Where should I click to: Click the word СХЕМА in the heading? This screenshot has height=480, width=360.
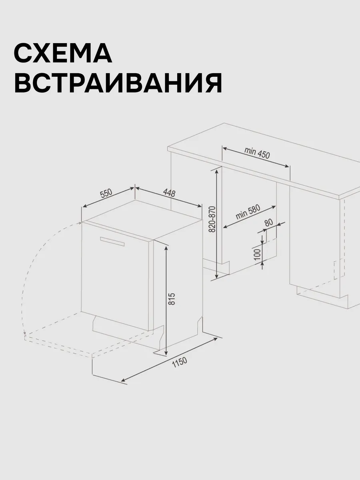coord(63,53)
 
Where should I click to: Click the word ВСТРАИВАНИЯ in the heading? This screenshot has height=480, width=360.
coord(118,83)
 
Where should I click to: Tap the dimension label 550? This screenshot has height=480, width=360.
coord(106,193)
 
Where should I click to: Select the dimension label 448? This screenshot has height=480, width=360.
coord(169,193)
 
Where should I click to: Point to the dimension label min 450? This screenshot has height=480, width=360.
coord(257,153)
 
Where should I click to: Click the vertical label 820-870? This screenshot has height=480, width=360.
coord(212,219)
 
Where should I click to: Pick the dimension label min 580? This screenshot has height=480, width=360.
coord(248,212)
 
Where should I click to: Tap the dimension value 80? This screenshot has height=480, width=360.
coord(269,222)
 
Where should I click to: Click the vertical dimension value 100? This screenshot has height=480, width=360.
coord(258,255)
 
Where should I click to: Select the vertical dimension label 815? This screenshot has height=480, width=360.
coord(172,299)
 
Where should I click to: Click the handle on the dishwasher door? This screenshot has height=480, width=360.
coord(112,241)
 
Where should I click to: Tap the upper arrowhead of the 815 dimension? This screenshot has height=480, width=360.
coord(166,249)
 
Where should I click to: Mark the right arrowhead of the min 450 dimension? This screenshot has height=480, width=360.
coord(286,166)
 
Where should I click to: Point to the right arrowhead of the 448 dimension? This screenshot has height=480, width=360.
coord(199,206)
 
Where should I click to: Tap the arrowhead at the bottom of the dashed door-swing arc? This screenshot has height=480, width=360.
coord(25,338)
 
